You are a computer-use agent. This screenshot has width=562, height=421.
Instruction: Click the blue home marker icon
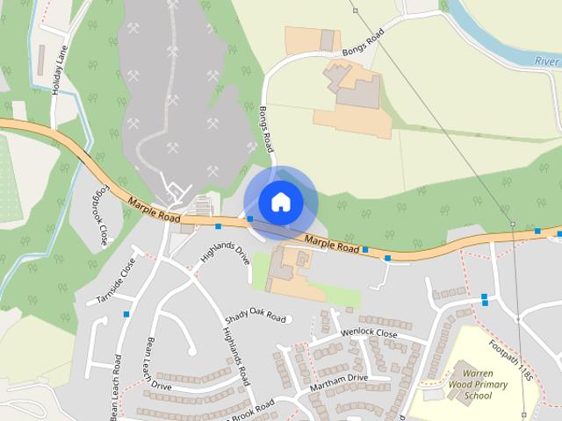[x=280, y=202]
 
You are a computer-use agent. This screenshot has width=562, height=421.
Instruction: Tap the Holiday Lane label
[x=59, y=71]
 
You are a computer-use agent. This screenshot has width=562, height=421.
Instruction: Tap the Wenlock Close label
[x=369, y=334]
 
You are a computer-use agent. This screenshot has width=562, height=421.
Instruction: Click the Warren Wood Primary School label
[x=465, y=384]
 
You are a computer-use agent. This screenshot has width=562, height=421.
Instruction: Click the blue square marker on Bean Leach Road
[x=127, y=313]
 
